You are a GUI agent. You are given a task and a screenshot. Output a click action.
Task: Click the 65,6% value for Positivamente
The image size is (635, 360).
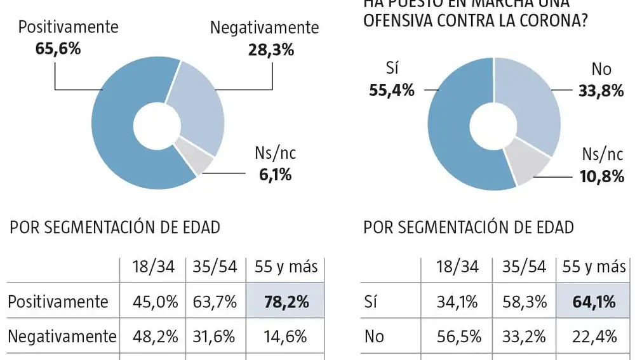pyautogui.click(x=58, y=48)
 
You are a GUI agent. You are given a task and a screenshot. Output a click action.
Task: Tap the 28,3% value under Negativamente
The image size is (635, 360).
pyautogui.click(x=271, y=50)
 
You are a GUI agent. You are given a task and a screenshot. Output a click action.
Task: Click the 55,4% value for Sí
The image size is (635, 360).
pyautogui.click(x=391, y=90)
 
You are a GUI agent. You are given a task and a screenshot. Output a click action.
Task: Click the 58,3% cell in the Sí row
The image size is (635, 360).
pyautogui.click(x=523, y=302)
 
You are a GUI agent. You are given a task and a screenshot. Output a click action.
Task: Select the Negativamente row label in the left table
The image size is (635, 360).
pyautogui.click(x=62, y=336)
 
